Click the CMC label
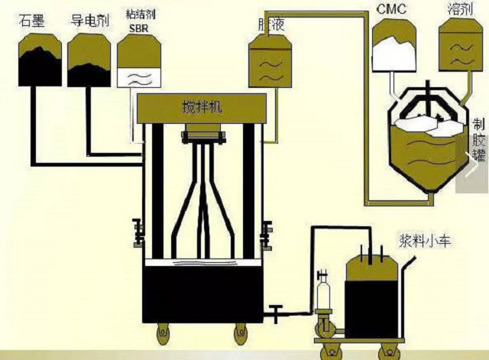(x=390, y=10)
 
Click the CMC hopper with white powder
(x=394, y=50)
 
